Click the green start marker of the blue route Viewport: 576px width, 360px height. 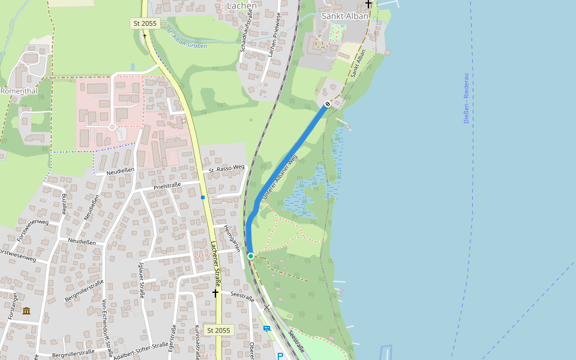[251, 256]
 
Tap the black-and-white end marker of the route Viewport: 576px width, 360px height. [328, 104]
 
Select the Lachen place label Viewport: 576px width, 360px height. [242, 6]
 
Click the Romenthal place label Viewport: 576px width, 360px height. [19, 91]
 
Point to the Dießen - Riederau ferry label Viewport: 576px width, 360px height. [467, 98]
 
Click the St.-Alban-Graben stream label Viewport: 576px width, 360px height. [187, 37]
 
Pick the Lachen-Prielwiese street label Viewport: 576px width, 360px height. [274, 36]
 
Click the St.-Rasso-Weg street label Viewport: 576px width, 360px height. [227, 169]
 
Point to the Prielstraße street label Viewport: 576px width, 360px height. [167, 185]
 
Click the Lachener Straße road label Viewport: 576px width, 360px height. [215, 264]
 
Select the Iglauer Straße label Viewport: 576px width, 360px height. [142, 280]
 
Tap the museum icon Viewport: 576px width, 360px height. [26, 310]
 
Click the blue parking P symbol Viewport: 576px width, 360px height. [280, 356]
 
